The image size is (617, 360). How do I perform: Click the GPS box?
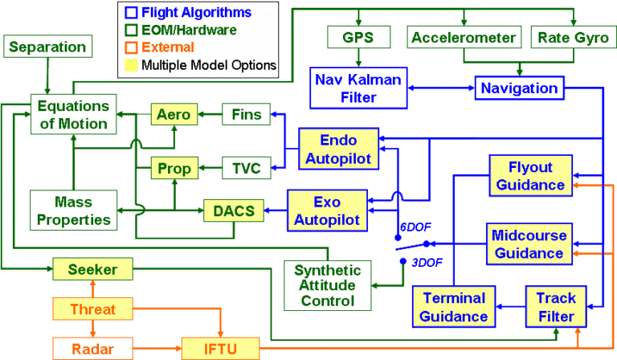click(358, 37)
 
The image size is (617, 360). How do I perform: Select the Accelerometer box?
click(464, 37)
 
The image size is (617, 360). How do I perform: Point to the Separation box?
click(47, 47)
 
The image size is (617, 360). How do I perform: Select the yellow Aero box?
click(174, 115)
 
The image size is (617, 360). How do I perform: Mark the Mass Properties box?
click(72, 209)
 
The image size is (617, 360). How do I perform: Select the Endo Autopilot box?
click(337, 149)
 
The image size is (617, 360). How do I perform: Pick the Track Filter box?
click(555, 306)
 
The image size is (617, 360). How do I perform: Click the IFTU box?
click(220, 348)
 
